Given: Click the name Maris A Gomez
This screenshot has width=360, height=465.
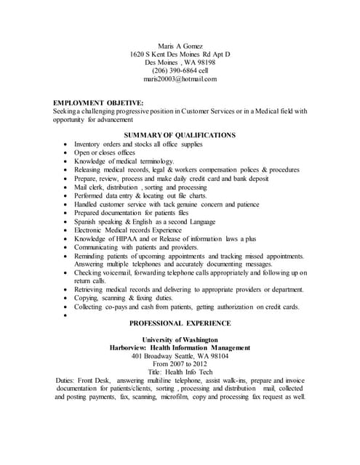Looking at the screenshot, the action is (180, 45).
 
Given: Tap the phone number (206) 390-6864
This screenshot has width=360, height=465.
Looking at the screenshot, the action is (172, 70).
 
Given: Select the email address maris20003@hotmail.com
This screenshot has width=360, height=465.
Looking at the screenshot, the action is (180, 79).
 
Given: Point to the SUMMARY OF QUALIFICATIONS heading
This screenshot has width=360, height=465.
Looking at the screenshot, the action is (180, 135).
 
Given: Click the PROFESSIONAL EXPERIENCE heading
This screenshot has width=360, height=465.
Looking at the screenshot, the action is (180, 323).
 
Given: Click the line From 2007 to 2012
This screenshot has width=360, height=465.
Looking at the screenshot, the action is (180, 364).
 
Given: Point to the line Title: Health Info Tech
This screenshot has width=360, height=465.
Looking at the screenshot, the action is (180, 372).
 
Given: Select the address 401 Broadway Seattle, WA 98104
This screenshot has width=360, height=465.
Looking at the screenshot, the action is (180, 356).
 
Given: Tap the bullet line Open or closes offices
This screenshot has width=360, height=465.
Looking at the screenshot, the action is (105, 153).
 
